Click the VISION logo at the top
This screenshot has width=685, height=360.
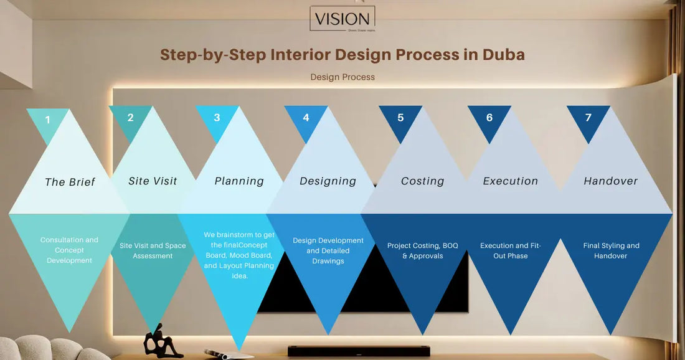point(342,19)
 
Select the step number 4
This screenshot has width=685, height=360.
point(306,117)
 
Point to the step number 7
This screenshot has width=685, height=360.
point(588,117)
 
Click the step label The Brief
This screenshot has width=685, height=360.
point(70,182)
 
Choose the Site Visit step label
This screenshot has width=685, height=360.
point(153,181)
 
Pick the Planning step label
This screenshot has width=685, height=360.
point(239,181)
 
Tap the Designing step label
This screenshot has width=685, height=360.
point(328,181)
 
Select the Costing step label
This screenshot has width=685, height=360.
point(422,181)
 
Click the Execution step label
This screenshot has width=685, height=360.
point(510,181)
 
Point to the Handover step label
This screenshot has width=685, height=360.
point(610,181)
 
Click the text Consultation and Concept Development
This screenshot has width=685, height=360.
point(69,250)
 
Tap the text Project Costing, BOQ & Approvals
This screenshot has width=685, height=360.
point(422,250)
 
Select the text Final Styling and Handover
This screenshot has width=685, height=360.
point(611,250)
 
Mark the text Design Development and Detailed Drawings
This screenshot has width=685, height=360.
point(328,250)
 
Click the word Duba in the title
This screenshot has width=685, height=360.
point(503,55)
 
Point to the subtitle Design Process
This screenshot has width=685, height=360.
point(342,77)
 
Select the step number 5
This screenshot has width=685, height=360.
point(400,117)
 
